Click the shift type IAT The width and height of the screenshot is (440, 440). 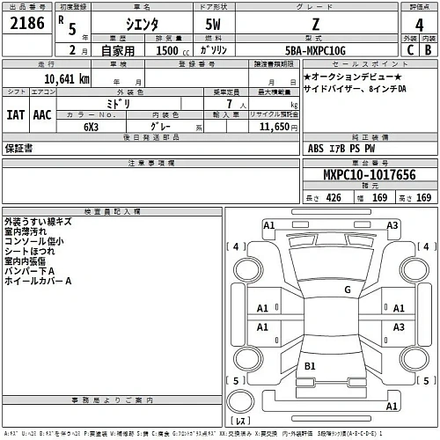tap(17, 114)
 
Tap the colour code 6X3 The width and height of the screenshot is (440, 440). tap(91, 126)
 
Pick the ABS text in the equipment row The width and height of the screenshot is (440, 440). tap(317, 148)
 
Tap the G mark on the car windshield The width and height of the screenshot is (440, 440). tap(347, 289)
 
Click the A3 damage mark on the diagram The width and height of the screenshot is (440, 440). tap(399, 326)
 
